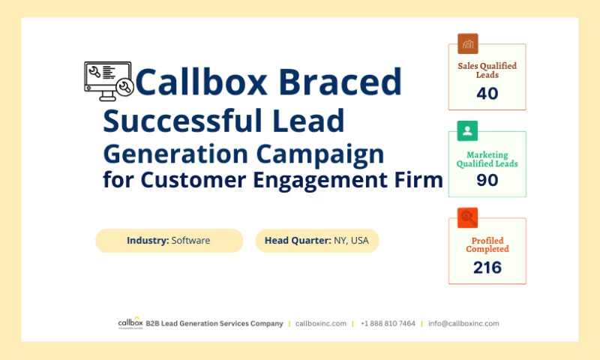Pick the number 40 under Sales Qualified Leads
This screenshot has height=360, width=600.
click(x=487, y=94)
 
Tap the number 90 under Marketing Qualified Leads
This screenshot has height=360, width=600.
click(x=487, y=180)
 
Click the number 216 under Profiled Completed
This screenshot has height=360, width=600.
click(x=487, y=267)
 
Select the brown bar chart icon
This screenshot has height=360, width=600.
click(x=468, y=43)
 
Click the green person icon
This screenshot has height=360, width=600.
click(x=468, y=132)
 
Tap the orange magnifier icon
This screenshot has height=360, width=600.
click(x=468, y=218)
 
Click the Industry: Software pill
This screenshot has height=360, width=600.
click(x=169, y=241)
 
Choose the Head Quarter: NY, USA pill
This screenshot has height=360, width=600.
click(x=316, y=241)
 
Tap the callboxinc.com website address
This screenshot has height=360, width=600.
click(x=321, y=323)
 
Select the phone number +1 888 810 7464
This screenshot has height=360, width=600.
click(x=388, y=323)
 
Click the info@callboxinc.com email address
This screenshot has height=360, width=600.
click(x=463, y=323)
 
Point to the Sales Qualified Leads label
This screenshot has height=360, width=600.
click(x=487, y=70)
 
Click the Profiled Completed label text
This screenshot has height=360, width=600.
click(x=487, y=244)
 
